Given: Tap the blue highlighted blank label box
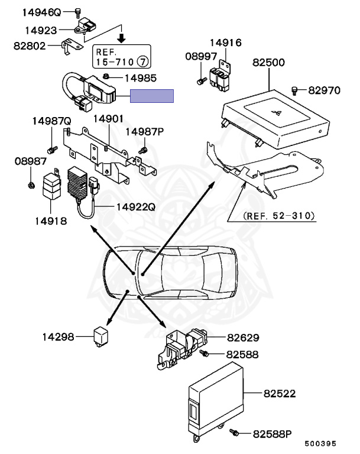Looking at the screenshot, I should coord(152,96).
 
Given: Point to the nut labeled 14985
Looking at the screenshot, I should coord(105,76).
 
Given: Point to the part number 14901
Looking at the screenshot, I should coord(108,119).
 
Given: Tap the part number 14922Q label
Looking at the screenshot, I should coord(135,207).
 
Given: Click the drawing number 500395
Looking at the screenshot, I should coord(320,443).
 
